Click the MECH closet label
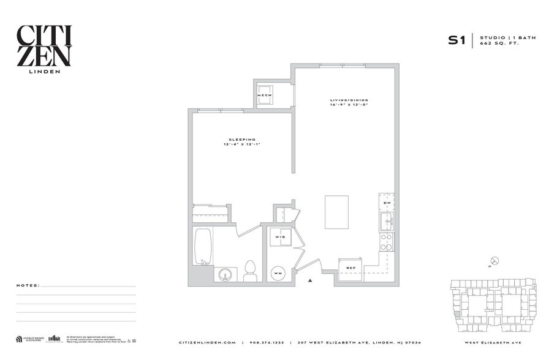click(264, 96)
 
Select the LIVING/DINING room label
click(349, 100)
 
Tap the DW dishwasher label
click(387, 203)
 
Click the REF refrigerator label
click(351, 268)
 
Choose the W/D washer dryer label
click(281, 236)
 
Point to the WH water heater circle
click(278, 272)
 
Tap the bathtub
click(203, 246)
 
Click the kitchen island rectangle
click(336, 212)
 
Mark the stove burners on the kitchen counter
click(387, 242)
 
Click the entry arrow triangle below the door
click(311, 280)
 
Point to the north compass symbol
click(495, 261)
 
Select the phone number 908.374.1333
click(267, 342)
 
